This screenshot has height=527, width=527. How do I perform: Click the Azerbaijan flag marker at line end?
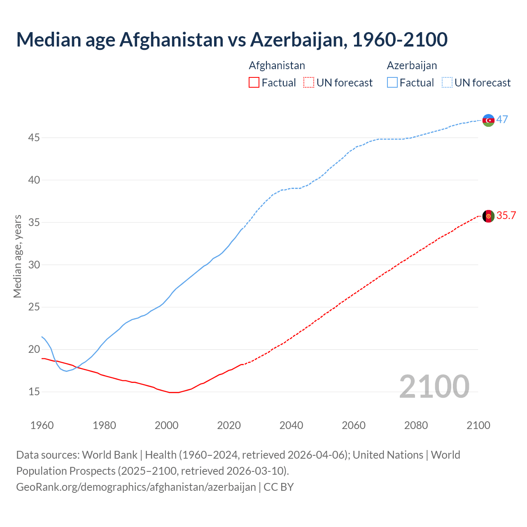[488, 120]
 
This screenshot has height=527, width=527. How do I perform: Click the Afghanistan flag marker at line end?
[488, 216]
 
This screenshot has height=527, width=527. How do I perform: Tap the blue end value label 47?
[502, 119]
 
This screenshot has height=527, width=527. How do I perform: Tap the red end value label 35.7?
[506, 216]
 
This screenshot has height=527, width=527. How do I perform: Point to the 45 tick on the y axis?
[34, 138]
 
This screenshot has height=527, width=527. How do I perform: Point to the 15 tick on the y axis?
[34, 392]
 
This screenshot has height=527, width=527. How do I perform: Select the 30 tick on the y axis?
[34, 265]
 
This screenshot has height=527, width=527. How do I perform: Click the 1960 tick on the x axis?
[42, 425]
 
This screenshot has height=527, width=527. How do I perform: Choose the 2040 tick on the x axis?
[291, 425]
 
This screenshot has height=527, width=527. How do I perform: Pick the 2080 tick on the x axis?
[416, 425]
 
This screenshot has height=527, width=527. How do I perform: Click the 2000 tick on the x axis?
[166, 425]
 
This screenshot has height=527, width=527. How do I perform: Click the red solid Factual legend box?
[254, 83]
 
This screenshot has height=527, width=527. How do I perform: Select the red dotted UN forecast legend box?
[309, 83]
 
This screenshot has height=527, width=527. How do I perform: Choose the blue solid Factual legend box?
[392, 83]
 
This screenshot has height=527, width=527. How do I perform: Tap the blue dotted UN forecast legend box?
[447, 83]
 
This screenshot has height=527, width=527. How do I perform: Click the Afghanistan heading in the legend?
[277, 65]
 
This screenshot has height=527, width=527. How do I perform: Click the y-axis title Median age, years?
[17, 256]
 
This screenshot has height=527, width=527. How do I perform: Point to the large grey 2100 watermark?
[434, 386]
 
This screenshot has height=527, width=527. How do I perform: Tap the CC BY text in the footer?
[279, 487]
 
